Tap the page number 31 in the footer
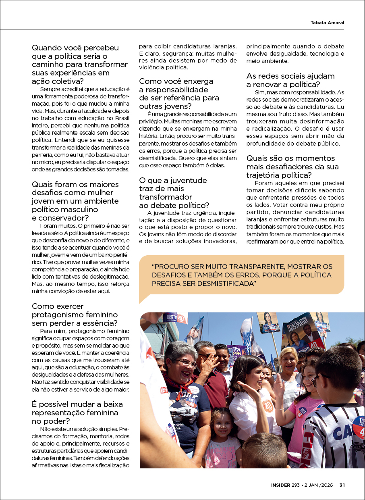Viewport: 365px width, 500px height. point(342,485)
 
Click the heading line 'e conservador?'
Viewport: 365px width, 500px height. point(60,218)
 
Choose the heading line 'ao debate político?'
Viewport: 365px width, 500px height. point(174,205)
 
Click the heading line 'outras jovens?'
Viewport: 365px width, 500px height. point(165,106)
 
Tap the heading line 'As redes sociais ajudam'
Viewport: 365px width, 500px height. point(290,76)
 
